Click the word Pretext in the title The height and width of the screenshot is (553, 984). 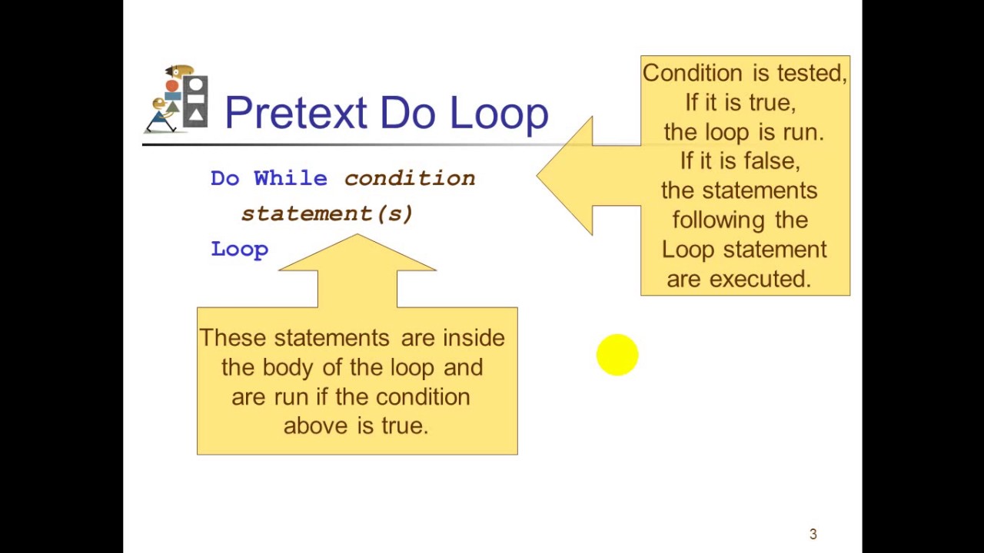click(295, 114)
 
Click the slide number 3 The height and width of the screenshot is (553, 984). click(813, 534)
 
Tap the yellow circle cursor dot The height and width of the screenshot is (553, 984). click(617, 355)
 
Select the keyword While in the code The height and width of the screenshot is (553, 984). click(291, 178)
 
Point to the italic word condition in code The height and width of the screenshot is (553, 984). click(409, 178)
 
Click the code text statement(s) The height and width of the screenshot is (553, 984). click(327, 214)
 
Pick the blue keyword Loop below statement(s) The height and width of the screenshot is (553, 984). click(239, 249)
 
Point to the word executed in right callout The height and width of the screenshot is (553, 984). click(760, 280)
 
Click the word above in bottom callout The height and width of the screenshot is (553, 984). click(315, 426)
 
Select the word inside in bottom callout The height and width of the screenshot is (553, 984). click(474, 338)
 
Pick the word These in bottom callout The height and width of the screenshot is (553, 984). click(232, 338)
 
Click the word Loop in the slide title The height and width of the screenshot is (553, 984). click(499, 114)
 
